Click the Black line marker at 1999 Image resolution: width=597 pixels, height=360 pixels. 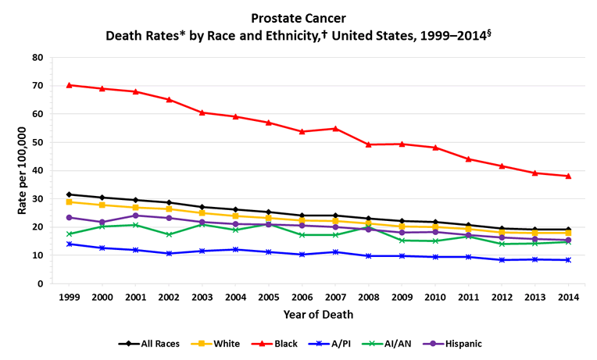pyautogui.click(x=70, y=85)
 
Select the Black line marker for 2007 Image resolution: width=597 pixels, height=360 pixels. pyautogui.click(x=335, y=128)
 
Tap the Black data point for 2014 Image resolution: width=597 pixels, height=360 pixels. pyautogui.click(x=568, y=176)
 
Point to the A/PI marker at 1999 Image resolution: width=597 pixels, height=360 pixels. pyautogui.click(x=70, y=244)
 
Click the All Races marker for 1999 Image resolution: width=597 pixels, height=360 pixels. pyautogui.click(x=70, y=194)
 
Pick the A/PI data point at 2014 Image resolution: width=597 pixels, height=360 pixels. pyautogui.click(x=568, y=260)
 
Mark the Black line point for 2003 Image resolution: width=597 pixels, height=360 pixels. pyautogui.click(x=202, y=112)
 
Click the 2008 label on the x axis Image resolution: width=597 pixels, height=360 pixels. pyautogui.click(x=369, y=298)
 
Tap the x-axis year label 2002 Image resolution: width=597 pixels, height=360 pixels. pyautogui.click(x=170, y=298)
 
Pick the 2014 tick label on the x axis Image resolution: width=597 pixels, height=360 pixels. pyautogui.click(x=568, y=298)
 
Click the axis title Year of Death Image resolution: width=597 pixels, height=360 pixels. pyautogui.click(x=319, y=315)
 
